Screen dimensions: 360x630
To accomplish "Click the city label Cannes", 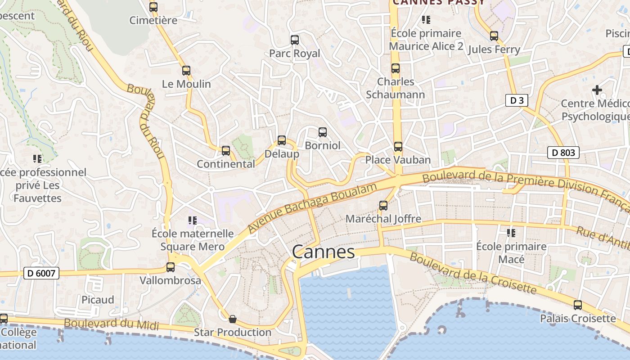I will [x=323, y=252].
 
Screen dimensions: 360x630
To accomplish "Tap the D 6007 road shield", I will [x=41, y=273].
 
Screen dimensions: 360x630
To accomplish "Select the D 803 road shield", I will [x=563, y=153].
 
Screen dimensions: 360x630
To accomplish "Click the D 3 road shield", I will [x=516, y=100].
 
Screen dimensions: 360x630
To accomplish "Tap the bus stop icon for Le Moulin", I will [x=186, y=71].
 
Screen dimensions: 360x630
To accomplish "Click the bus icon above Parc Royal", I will [x=295, y=40].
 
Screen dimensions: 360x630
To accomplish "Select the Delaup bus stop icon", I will [x=282, y=140].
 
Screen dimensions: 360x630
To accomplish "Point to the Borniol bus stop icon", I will [x=323, y=132].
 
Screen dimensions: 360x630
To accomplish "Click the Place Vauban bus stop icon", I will [x=398, y=147].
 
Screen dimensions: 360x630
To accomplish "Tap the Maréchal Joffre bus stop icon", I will [x=383, y=206].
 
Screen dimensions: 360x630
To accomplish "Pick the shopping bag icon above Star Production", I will [x=233, y=319].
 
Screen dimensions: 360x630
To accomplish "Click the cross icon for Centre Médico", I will [x=597, y=90].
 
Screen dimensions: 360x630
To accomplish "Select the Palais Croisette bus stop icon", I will [x=578, y=305].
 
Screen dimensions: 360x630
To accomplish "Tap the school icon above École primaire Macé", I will [x=511, y=233].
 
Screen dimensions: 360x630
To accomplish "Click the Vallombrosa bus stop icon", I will [x=171, y=267].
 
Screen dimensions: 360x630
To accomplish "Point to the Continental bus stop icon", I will [x=226, y=151].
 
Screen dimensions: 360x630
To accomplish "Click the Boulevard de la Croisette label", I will [x=472, y=273].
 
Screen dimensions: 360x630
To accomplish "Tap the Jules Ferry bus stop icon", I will [x=494, y=36].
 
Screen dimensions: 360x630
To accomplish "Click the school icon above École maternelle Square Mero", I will [x=193, y=220].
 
